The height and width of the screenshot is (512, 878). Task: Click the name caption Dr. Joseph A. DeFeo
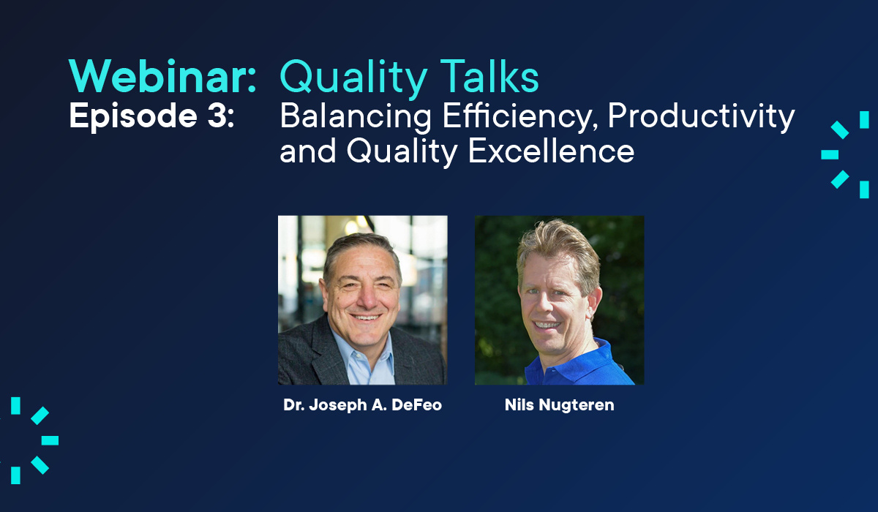tap(362, 405)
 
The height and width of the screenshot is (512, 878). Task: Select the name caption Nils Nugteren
tap(559, 405)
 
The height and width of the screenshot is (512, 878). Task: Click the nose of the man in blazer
tap(364, 296)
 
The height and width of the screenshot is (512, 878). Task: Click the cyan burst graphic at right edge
tap(845, 154)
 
